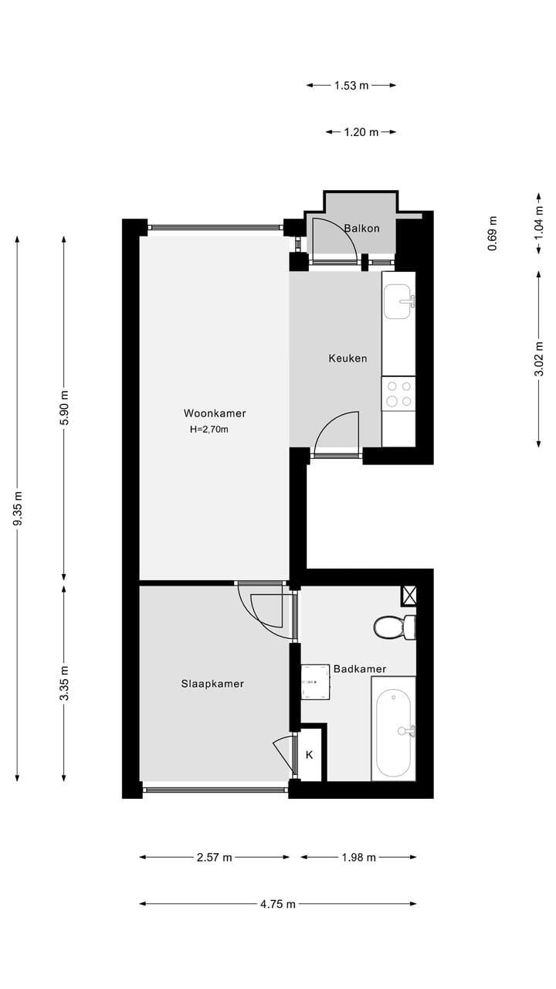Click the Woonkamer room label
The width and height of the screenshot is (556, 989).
(x=215, y=413)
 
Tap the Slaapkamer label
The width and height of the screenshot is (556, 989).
(x=212, y=684)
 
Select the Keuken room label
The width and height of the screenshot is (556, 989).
(x=347, y=359)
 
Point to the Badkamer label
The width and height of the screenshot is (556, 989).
(x=360, y=669)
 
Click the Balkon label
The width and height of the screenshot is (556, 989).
(x=361, y=229)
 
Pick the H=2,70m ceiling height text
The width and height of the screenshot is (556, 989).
(x=208, y=430)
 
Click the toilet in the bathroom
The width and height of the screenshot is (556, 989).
(x=392, y=627)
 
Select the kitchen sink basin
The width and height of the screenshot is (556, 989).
(x=398, y=301)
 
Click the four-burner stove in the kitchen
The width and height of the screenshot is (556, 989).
(x=398, y=393)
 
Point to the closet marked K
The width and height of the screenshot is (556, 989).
(x=309, y=755)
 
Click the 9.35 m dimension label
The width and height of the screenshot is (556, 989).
(x=18, y=509)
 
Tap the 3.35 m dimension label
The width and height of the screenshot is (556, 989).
(x=64, y=683)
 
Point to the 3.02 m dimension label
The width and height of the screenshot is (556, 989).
(x=539, y=359)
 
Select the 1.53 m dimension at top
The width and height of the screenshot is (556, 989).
(x=351, y=86)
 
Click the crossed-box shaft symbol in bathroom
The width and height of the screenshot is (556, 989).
(x=409, y=596)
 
